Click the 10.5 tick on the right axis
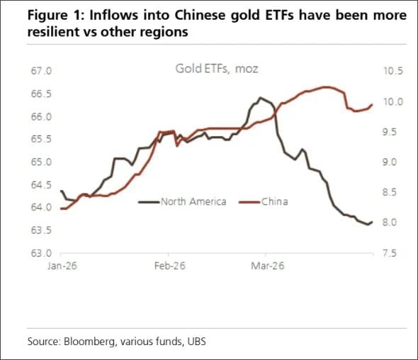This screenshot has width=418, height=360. tap(392, 72)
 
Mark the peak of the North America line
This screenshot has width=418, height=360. tap(260, 98)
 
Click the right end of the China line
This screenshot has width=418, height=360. tap(372, 105)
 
